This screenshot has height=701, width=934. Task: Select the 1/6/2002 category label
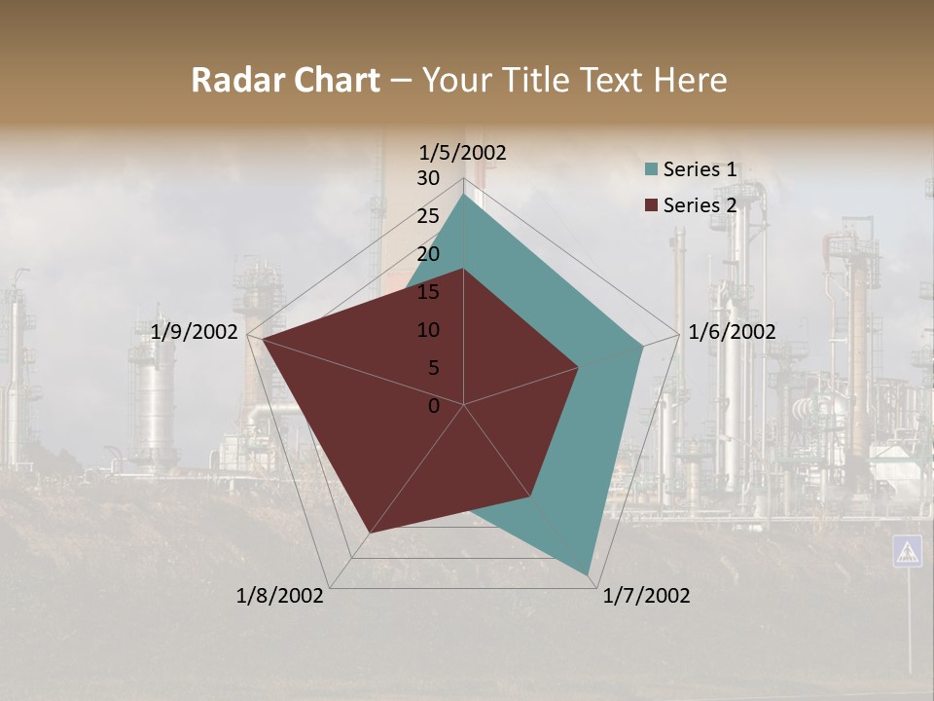click(x=732, y=332)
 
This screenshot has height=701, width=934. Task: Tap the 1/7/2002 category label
click(x=646, y=596)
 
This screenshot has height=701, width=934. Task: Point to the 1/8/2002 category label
click(x=280, y=596)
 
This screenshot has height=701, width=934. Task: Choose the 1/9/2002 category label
click(x=195, y=332)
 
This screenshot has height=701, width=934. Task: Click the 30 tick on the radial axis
click(x=428, y=178)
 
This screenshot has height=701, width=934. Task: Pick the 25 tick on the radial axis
click(x=428, y=216)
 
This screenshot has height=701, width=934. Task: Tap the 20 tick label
click(x=428, y=254)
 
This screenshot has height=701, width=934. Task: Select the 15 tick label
click(x=428, y=292)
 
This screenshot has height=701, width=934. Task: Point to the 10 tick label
click(x=428, y=330)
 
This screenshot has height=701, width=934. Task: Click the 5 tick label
click(x=433, y=368)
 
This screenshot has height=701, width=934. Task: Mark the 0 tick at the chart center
click(x=434, y=405)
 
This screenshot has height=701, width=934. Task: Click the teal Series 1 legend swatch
click(x=652, y=169)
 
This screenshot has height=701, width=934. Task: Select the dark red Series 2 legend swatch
click(x=652, y=205)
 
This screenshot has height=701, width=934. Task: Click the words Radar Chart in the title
click(x=285, y=80)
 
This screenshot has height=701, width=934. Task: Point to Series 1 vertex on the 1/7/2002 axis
click(x=588, y=573)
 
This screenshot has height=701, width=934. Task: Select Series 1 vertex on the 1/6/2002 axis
click(x=643, y=346)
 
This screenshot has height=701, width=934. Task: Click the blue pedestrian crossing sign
click(x=907, y=551)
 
